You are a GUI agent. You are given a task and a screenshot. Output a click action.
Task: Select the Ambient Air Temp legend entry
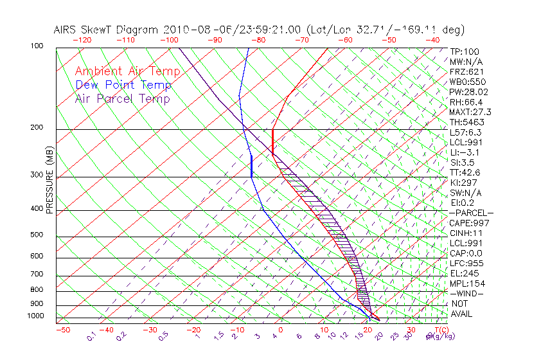pos(127,71)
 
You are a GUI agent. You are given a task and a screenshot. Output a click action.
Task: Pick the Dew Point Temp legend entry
pos(123,85)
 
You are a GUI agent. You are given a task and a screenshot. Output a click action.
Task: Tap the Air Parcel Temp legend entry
pos(122,98)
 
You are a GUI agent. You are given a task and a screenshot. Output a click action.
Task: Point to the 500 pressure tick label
pos(36,235)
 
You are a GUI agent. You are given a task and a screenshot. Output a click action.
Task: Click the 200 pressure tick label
pos(36,128)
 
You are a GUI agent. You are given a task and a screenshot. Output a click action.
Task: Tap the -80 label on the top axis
pos(258,40)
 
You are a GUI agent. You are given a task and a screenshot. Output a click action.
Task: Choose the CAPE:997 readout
pos(469,223)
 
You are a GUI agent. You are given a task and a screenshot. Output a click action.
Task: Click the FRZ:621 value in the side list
pos(467,71)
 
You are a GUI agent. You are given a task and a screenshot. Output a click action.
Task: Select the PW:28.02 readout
pos(469,92)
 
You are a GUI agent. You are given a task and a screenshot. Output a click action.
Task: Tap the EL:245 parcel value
pos(465,273)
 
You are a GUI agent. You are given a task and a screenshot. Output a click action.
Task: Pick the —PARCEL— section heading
pos(471,213)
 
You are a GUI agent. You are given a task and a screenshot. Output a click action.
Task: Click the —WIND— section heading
pos(466,294)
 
